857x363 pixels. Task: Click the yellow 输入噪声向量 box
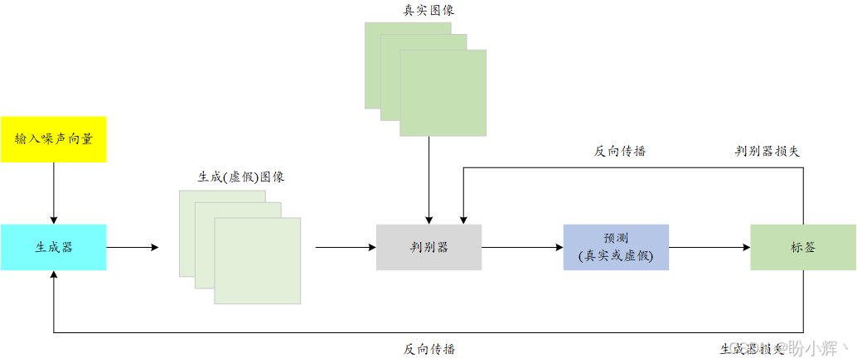pos(54,139)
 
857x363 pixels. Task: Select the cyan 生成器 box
pos(54,247)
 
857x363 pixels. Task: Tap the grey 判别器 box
pos(428,247)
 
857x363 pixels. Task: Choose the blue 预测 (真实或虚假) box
pos(616,247)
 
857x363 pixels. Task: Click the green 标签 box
pos(802,247)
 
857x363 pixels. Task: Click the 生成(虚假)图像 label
pos(241,177)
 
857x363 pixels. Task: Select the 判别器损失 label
pos(767,151)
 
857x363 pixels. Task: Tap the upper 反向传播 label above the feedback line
pos(620,151)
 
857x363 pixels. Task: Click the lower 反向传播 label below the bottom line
pos(429,349)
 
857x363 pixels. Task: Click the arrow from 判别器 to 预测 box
pos(522,247)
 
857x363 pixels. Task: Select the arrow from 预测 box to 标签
pos(709,247)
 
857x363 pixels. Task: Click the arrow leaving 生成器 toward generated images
pos(133,247)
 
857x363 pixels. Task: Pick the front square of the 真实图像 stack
pos(443,93)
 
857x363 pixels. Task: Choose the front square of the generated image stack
pos(257,260)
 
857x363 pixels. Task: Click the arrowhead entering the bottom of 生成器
pos(54,276)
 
